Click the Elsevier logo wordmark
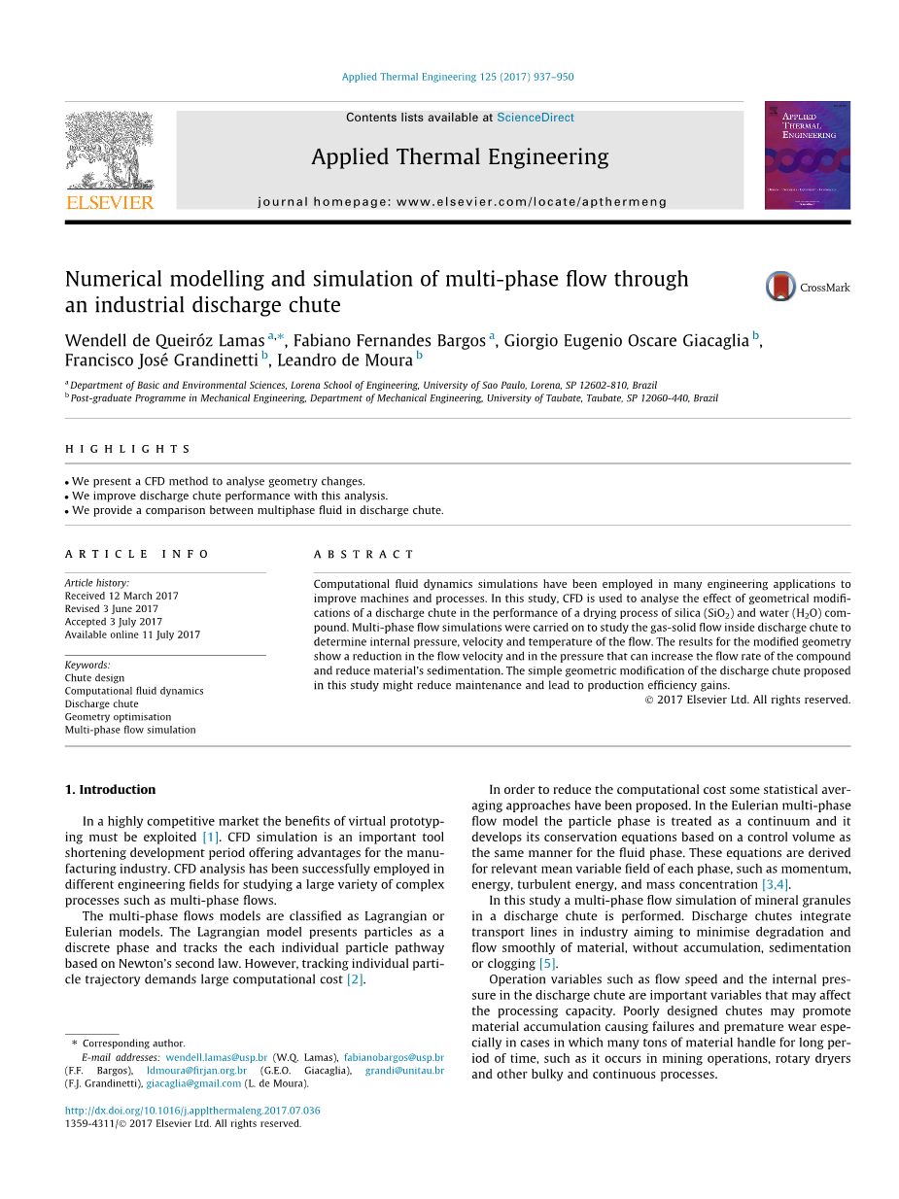(110, 202)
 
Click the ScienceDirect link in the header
(535, 118)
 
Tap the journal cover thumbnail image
(807, 154)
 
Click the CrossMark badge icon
(781, 287)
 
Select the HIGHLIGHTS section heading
(127, 449)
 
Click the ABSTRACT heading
(363, 554)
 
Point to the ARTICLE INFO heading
(137, 554)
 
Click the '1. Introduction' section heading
(110, 790)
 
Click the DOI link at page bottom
(192, 1111)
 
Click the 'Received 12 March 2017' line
(121, 596)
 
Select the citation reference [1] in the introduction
(211, 837)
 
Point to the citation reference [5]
(547, 964)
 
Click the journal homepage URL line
(462, 202)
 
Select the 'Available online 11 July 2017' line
(132, 634)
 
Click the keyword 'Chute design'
(94, 678)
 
